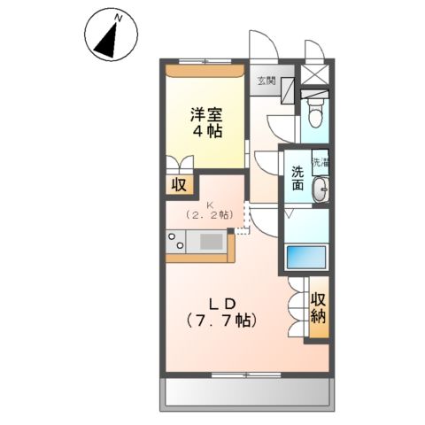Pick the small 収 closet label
[178, 185]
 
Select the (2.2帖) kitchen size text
[210, 216]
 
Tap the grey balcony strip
[247, 390]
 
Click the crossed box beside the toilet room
[315, 75]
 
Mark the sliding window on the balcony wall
[247, 374]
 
